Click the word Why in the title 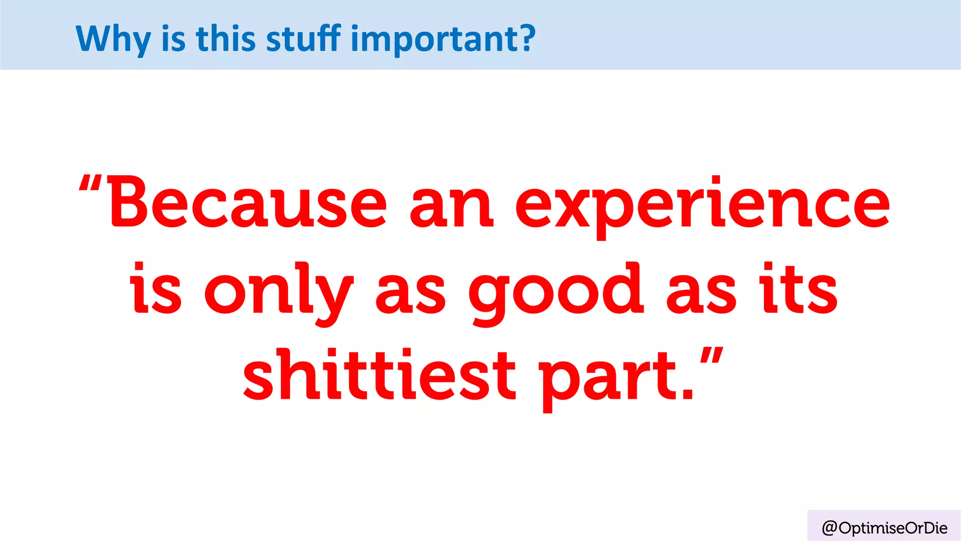[113, 39]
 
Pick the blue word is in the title [173, 39]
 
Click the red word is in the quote [155, 289]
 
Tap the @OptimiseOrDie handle [885, 528]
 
